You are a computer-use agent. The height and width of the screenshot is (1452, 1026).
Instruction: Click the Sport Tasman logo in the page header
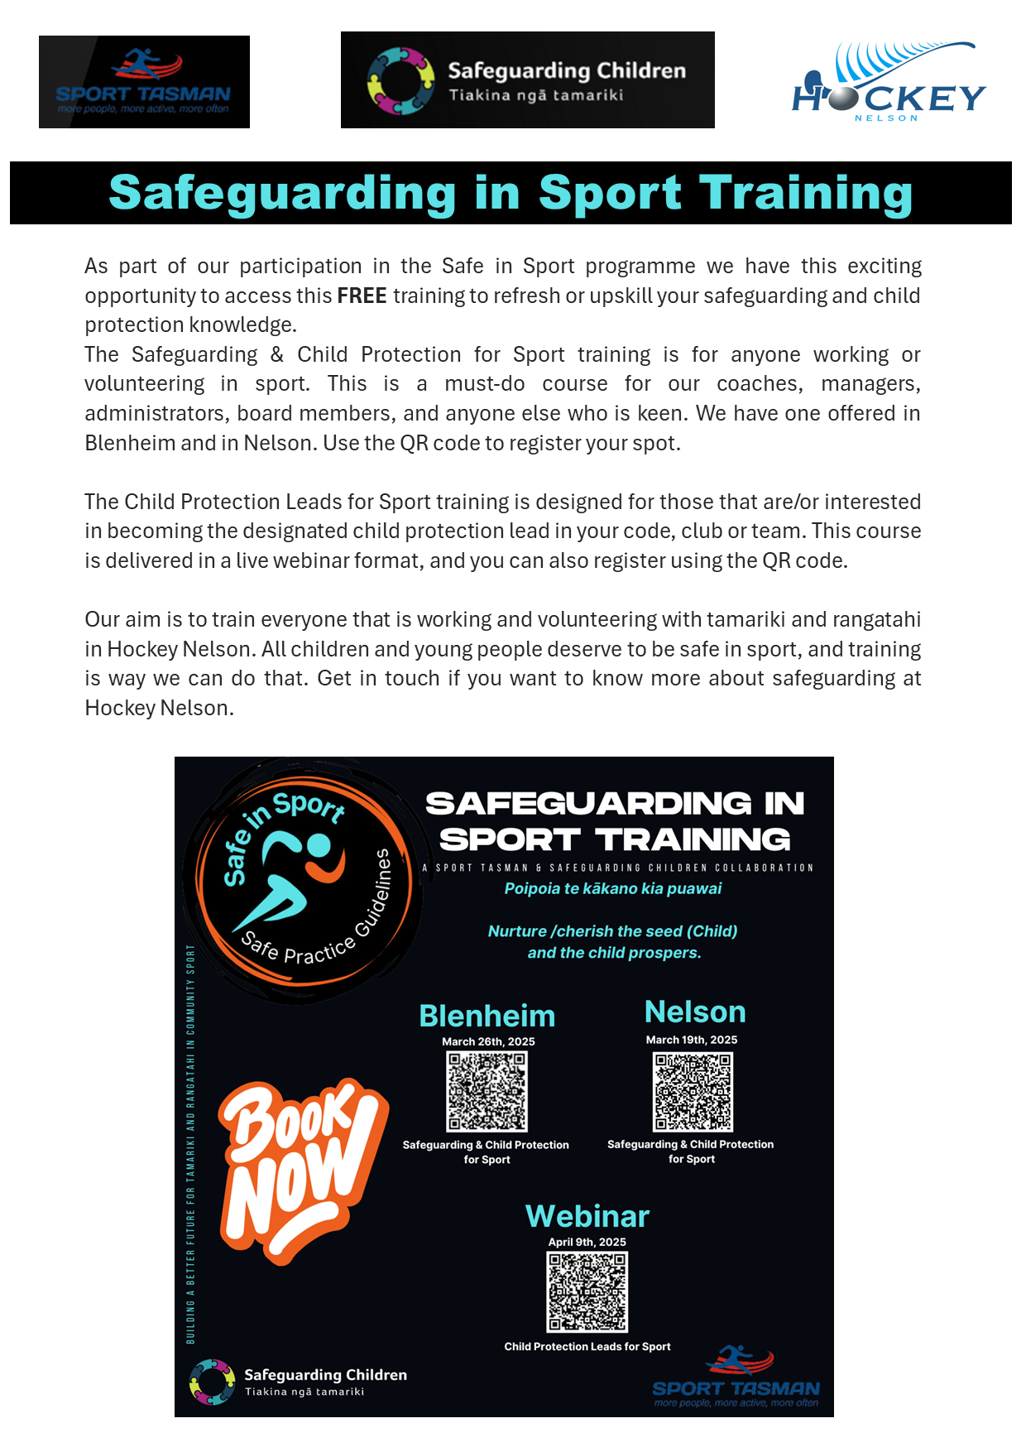[144, 82]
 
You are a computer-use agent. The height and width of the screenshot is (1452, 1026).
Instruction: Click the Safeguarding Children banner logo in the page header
[527, 80]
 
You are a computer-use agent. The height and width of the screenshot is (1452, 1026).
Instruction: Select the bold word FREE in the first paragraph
[362, 296]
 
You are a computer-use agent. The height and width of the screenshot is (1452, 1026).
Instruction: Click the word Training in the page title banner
[806, 193]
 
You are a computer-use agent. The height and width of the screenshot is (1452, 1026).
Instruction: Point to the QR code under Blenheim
[487, 1091]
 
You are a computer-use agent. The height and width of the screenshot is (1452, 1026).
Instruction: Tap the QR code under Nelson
[693, 1091]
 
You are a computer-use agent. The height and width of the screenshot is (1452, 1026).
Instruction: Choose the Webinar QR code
[587, 1291]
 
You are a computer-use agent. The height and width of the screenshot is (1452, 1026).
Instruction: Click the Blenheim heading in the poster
[487, 1016]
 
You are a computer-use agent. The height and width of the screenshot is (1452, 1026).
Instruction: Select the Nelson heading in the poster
[695, 1012]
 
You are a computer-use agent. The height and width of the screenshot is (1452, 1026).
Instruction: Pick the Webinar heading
[587, 1216]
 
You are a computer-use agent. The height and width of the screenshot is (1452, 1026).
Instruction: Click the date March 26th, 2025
[488, 1041]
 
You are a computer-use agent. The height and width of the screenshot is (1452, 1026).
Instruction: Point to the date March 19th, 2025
[692, 1040]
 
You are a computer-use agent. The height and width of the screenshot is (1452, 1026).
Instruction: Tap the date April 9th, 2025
[587, 1242]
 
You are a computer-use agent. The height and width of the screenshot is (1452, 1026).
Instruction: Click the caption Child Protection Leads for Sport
[587, 1347]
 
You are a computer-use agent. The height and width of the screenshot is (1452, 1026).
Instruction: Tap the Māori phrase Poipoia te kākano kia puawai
[613, 888]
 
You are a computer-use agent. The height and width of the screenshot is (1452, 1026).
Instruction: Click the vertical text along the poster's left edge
[190, 1142]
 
